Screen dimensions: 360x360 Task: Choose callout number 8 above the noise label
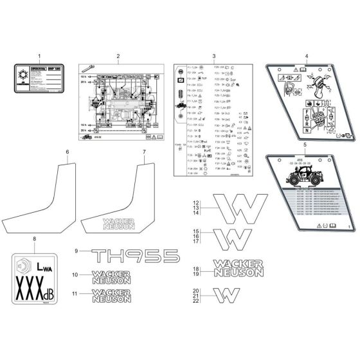click(34, 240)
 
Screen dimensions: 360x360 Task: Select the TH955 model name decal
click(134, 256)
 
